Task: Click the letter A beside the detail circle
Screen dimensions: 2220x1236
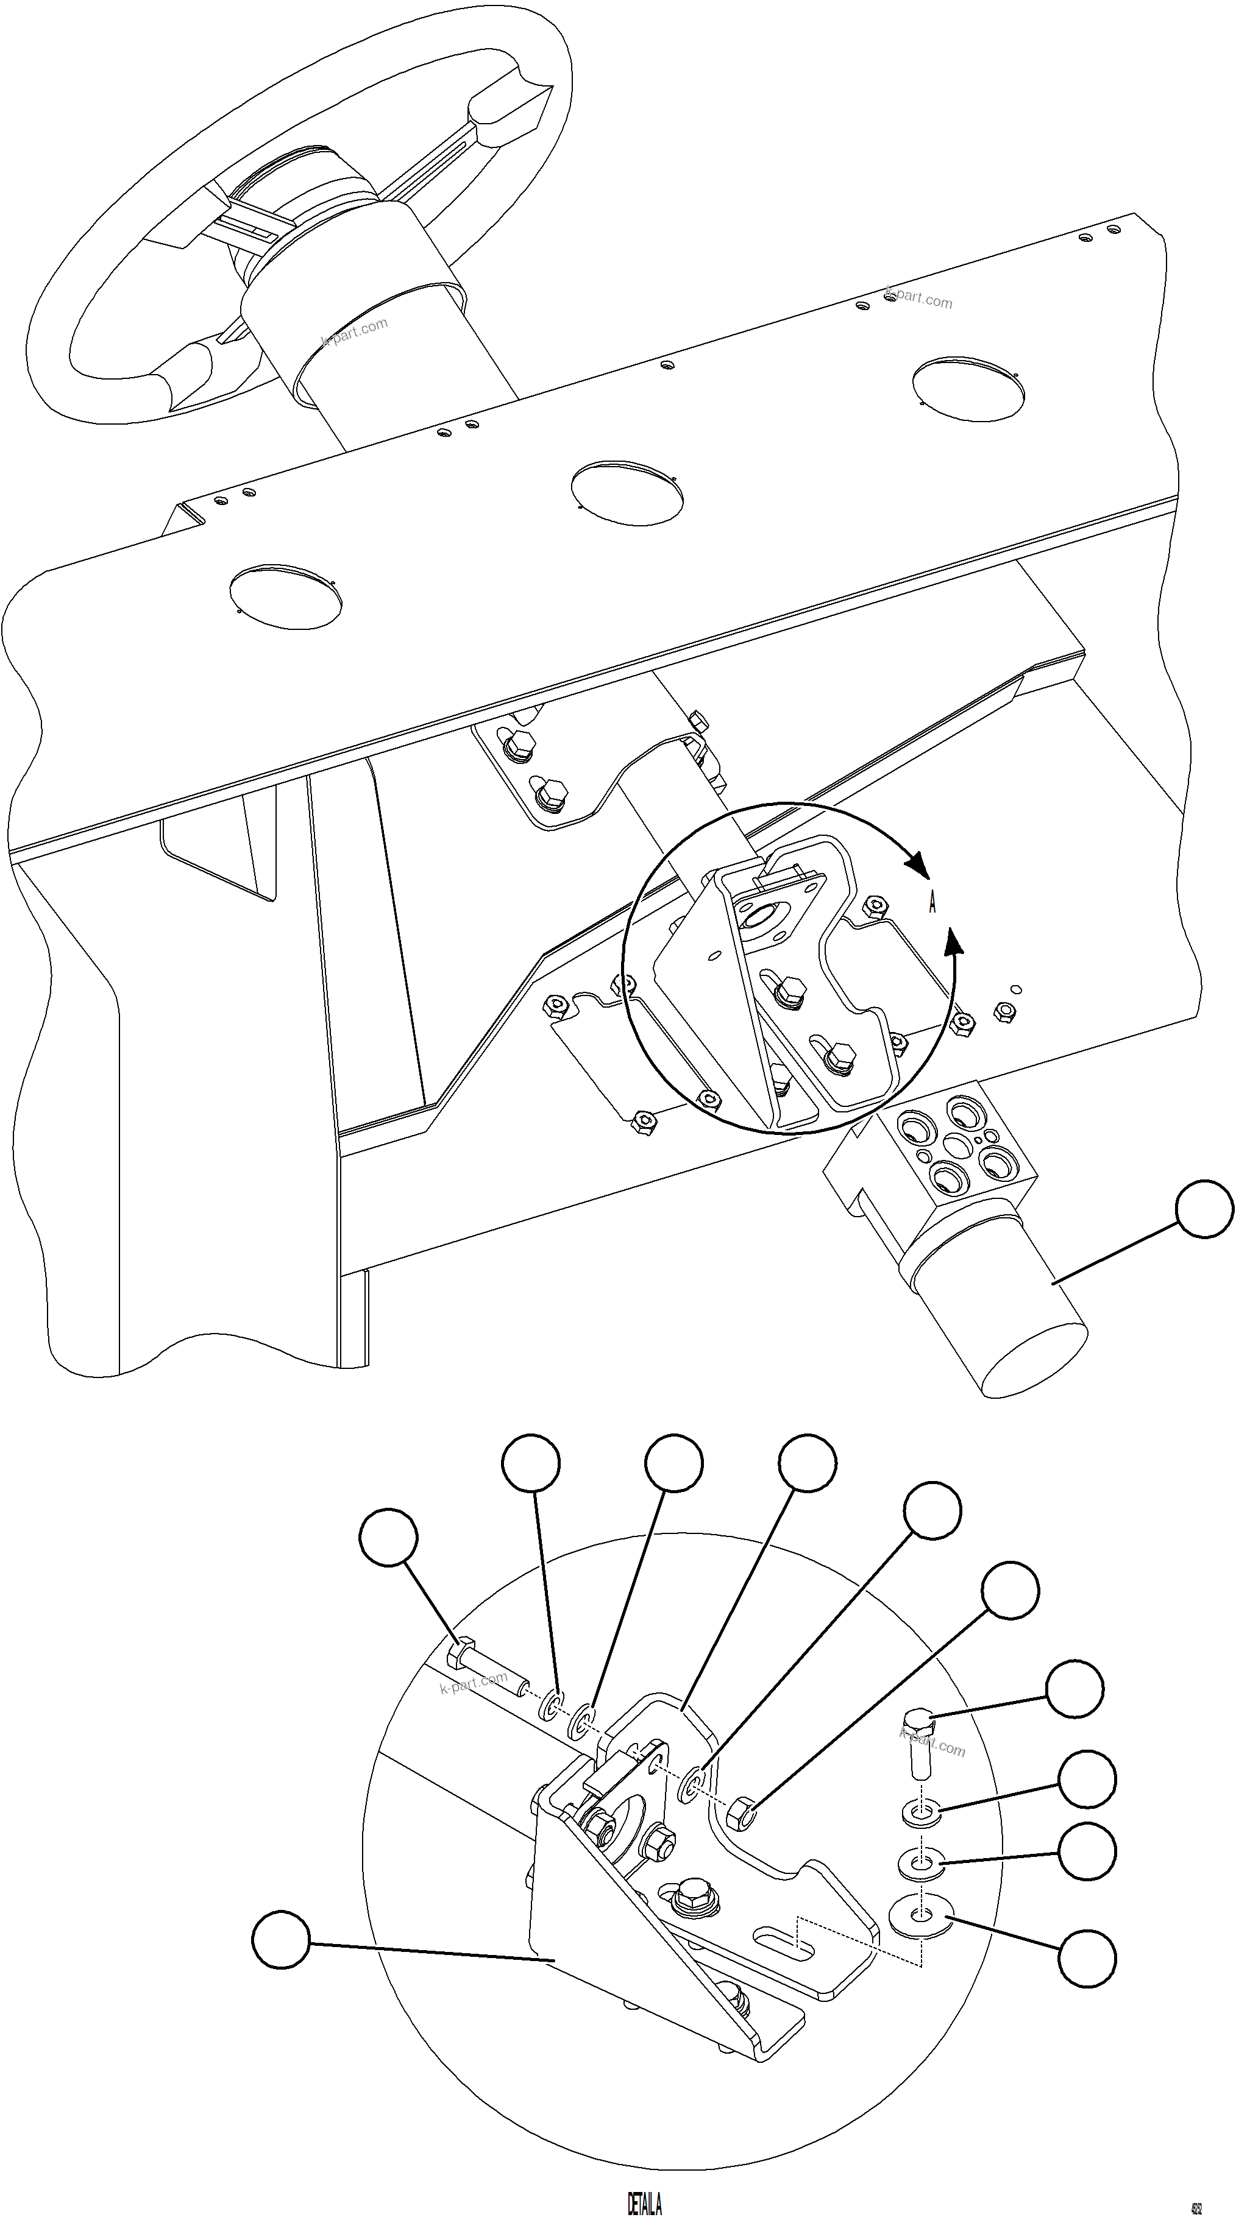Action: coord(932,903)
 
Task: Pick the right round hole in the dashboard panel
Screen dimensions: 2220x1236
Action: coord(969,389)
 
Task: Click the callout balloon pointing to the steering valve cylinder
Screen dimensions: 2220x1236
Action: coord(1205,1209)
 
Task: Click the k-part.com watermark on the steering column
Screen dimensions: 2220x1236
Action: coord(354,331)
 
